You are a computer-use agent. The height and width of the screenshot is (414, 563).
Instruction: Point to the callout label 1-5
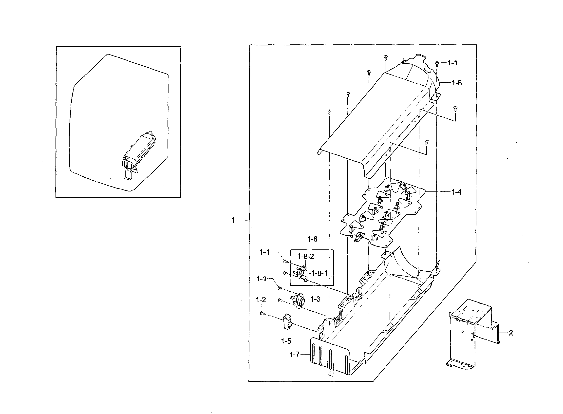click(x=286, y=341)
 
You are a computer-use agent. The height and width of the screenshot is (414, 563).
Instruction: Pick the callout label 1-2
click(x=261, y=300)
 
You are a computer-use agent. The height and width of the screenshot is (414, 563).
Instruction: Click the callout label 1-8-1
click(x=319, y=273)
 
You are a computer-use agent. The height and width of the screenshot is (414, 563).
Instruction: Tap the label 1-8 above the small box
click(x=312, y=239)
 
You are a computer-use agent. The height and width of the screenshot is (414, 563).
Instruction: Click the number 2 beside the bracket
click(x=511, y=333)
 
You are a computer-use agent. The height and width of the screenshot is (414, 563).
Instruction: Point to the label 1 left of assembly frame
click(x=233, y=220)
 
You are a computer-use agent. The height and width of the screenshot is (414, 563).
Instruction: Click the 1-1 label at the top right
click(x=452, y=63)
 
